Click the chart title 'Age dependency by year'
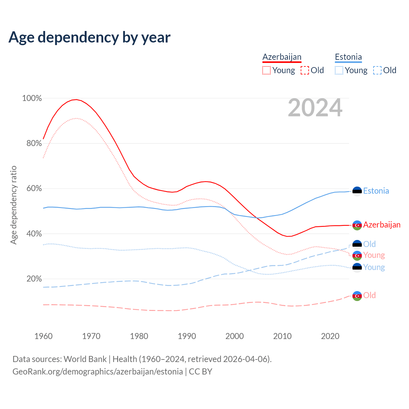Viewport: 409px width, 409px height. tap(89, 37)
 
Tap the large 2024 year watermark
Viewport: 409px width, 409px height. tap(315, 108)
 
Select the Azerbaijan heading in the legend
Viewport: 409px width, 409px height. tap(282, 57)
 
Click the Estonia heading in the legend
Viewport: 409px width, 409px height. tap(348, 57)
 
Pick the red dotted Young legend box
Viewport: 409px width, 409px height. tap(266, 70)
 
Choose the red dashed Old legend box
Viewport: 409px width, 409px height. tap(305, 70)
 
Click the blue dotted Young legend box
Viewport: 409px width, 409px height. tap(339, 70)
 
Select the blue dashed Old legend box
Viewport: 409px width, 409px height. tap(377, 70)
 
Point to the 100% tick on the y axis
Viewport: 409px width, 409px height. tap(32, 98)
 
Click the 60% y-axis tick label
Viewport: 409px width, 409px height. tap(34, 189)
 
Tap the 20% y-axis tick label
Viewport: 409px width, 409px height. tap(34, 279)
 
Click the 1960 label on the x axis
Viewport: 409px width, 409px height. tap(43, 336)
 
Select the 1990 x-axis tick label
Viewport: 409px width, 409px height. tap(187, 336)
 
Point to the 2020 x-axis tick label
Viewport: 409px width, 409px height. tap(330, 336)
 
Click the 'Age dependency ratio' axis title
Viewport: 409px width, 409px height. tap(13, 205)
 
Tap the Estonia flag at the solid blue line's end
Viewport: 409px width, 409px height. tap(357, 191)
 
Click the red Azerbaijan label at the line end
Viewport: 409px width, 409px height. tap(382, 225)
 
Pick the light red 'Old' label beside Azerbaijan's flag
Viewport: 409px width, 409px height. tap(369, 295)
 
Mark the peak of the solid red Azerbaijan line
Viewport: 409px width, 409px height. tap(76, 99)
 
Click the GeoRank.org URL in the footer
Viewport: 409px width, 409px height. tap(98, 372)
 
